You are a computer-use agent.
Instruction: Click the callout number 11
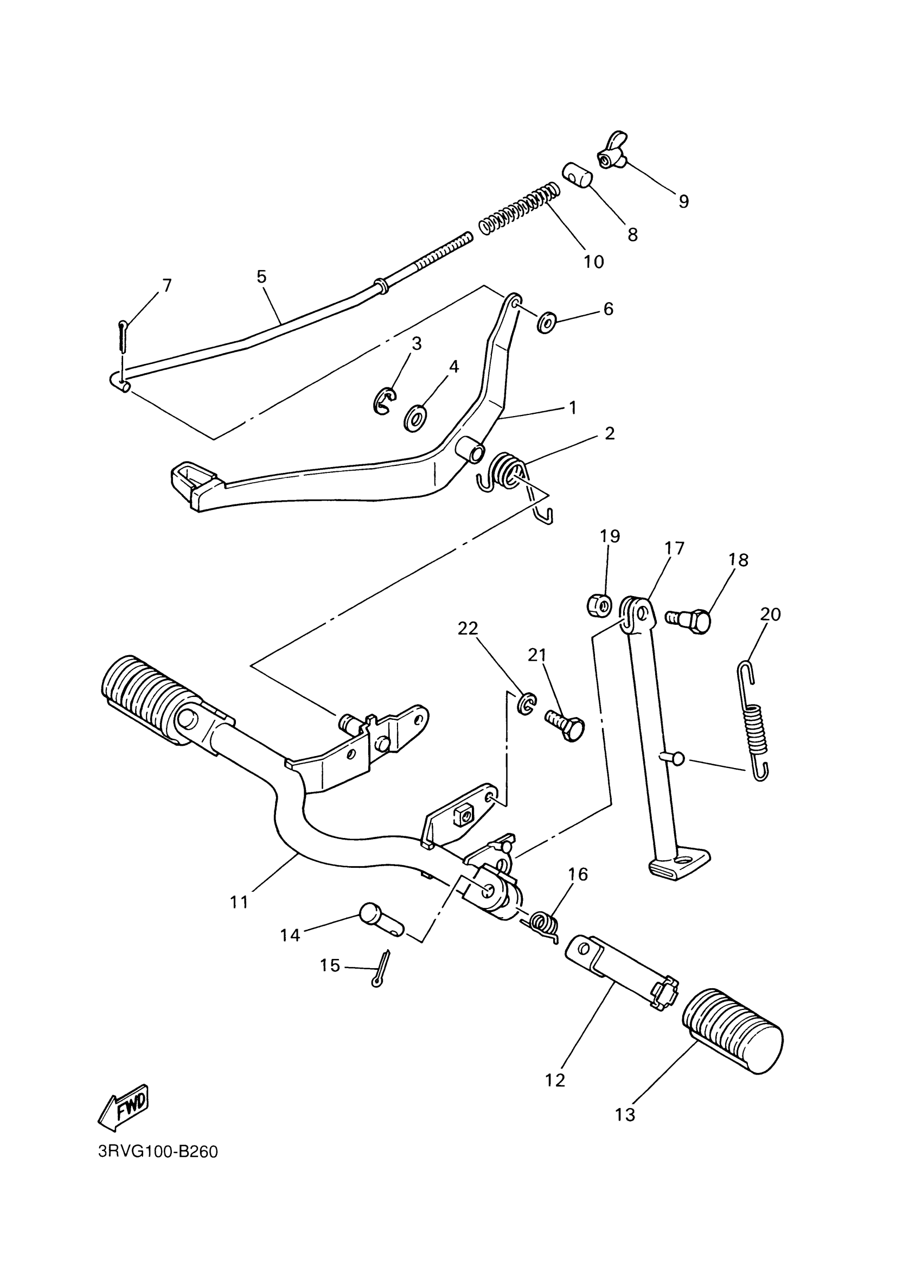click(239, 902)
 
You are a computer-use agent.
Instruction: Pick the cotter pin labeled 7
click(124, 336)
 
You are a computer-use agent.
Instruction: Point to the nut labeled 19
click(600, 605)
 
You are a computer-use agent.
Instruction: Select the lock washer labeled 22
click(527, 703)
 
